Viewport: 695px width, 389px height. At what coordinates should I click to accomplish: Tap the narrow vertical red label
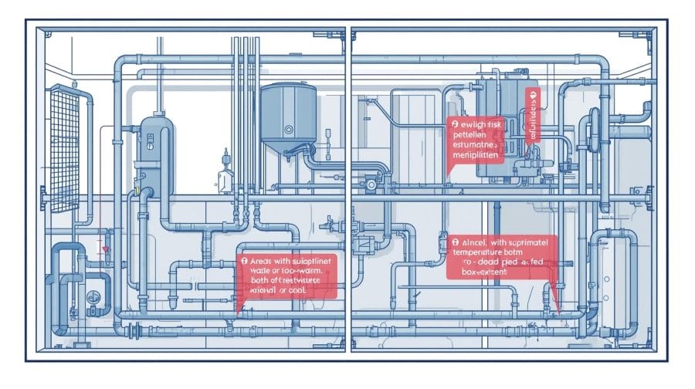pos(531,115)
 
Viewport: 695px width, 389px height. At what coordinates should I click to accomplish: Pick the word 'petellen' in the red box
pos(470,134)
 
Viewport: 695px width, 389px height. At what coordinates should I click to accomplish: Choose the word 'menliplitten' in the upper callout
pos(477,155)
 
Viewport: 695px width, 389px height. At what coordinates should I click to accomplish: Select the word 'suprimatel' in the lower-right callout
pos(531,241)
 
